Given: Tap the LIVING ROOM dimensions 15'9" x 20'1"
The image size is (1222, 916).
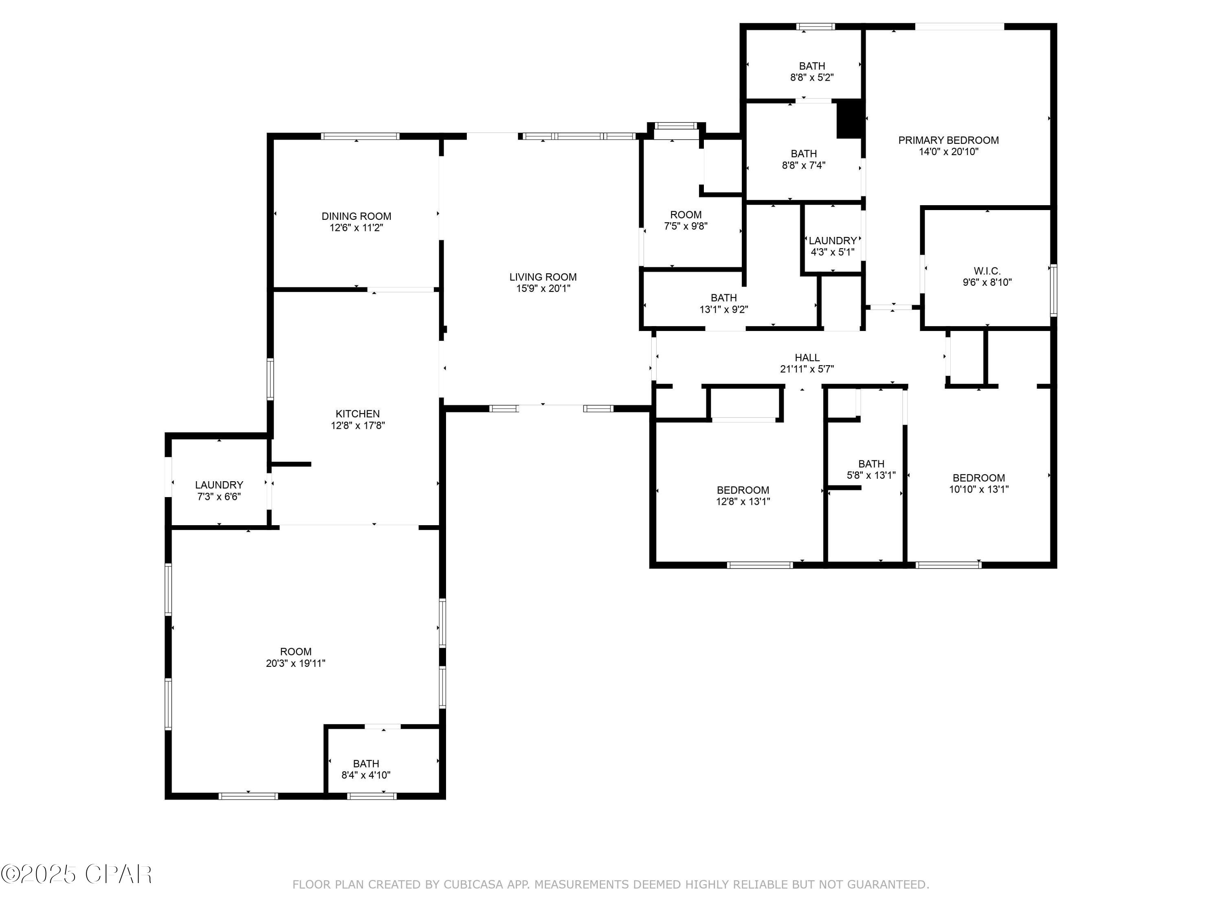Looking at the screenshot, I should (543, 289).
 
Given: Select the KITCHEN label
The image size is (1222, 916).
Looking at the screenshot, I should (357, 414).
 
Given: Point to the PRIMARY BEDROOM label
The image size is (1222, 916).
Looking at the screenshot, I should (948, 140).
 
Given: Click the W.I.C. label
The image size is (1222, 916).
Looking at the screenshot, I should (987, 271).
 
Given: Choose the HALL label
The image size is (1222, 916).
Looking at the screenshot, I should (807, 358).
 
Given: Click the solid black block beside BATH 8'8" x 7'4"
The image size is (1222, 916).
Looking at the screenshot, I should (850, 119).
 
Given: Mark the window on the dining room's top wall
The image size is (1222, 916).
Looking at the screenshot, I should (360, 136).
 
